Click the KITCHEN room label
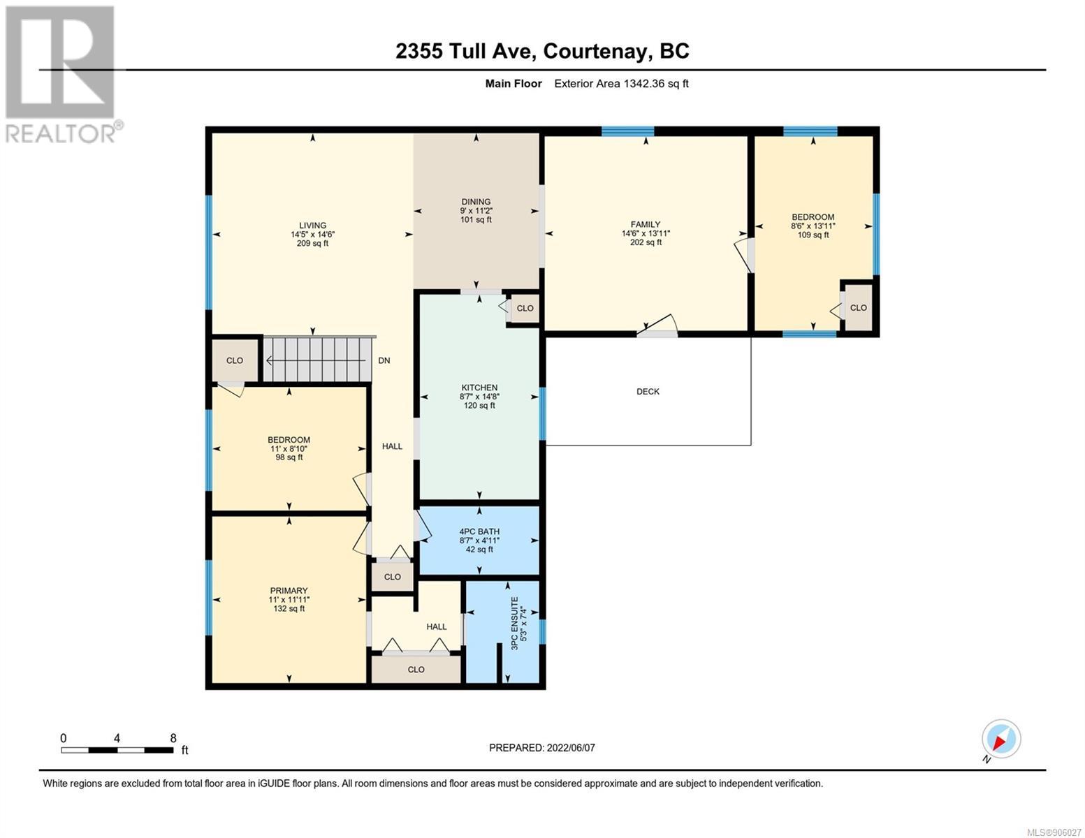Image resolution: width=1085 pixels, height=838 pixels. [479, 388]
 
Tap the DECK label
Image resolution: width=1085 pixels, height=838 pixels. [648, 391]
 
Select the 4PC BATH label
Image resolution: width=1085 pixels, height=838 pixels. [479, 531]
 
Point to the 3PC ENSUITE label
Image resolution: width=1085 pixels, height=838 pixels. [515, 623]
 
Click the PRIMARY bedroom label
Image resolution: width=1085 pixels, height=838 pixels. [289, 591]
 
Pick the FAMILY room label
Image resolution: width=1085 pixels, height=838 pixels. [645, 225]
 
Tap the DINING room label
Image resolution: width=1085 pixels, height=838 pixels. [476, 202]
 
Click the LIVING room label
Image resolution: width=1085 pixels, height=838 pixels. [312, 226]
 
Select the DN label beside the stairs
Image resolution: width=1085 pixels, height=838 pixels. [384, 360]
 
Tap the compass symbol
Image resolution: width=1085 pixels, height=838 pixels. [1001, 738]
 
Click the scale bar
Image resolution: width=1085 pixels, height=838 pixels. [117, 750]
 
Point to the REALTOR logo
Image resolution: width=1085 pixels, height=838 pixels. [62, 75]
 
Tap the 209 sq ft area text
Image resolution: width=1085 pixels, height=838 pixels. [312, 244]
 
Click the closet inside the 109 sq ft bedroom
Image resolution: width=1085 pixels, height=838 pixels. [859, 308]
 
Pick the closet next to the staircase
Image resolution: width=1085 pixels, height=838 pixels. [235, 360]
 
